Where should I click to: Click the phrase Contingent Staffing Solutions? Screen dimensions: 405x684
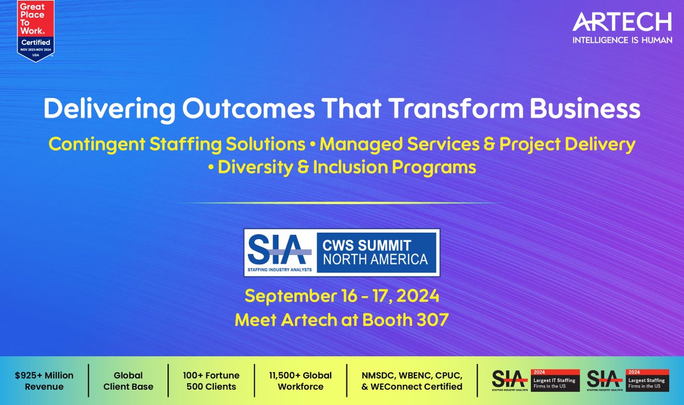[x=177, y=144]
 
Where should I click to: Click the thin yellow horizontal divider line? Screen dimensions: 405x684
[x=342, y=202]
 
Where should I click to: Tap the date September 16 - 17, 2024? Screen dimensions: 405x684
[x=342, y=297]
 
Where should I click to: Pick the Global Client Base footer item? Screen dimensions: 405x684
[x=128, y=381]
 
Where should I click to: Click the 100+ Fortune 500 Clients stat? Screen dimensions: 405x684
[x=211, y=381]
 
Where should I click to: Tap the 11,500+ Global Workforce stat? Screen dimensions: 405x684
[x=300, y=381]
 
